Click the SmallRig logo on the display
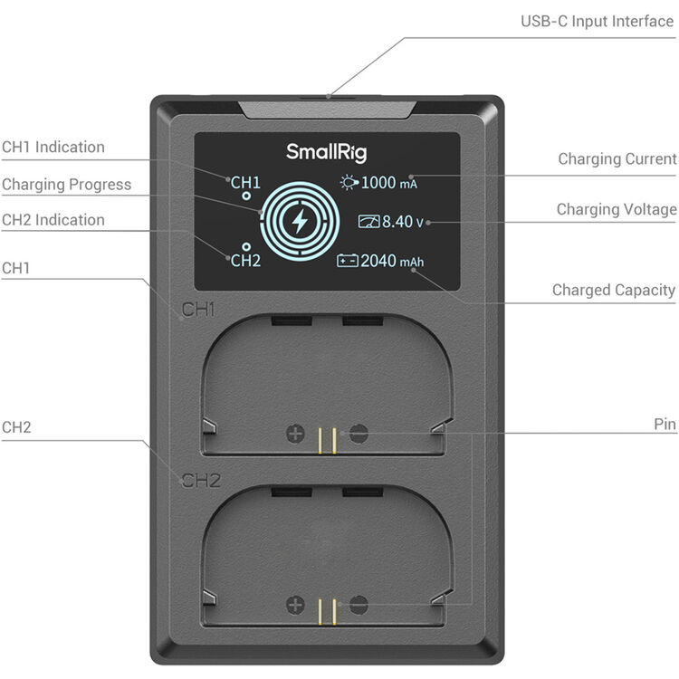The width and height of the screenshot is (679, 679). [326, 152]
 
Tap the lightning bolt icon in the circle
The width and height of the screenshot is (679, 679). [300, 221]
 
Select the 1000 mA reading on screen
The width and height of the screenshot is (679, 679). [389, 183]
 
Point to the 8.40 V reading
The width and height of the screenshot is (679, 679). [402, 222]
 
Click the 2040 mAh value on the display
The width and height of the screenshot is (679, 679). [392, 261]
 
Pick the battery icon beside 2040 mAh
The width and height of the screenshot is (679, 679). [348, 261]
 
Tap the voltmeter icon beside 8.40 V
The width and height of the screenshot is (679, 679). [368, 221]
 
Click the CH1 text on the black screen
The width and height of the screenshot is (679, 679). [245, 183]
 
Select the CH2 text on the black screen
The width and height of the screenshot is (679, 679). [245, 261]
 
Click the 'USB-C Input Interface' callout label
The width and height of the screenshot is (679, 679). [598, 21]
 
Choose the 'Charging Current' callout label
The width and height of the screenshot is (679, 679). [617, 159]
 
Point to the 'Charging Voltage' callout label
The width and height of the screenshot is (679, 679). [617, 210]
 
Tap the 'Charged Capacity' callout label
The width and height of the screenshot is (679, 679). [614, 290]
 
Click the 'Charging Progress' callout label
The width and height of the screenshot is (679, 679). [67, 185]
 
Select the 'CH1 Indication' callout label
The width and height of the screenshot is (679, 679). [53, 148]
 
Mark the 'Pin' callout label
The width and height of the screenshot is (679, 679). [665, 425]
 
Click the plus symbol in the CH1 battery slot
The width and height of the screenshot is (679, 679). [296, 434]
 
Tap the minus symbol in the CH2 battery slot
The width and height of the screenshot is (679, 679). [359, 605]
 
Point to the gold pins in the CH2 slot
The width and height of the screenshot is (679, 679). [327, 612]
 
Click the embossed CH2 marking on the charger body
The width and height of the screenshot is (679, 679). [201, 481]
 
